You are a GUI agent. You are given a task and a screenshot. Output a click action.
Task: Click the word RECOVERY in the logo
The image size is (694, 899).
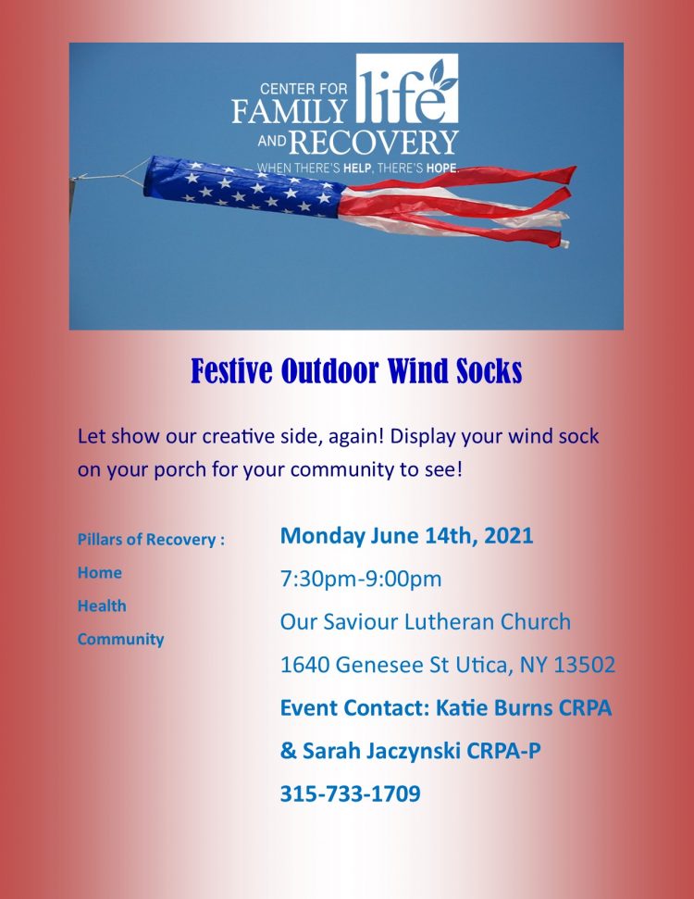[374, 143]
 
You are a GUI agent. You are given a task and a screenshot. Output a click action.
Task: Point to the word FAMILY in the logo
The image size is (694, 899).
[290, 111]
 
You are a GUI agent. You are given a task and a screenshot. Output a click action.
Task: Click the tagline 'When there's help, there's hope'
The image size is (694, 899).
[357, 169]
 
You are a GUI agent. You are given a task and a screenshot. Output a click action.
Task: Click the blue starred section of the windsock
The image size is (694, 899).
[244, 186]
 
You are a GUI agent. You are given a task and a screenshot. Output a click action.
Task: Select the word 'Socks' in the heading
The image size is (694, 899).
[489, 371]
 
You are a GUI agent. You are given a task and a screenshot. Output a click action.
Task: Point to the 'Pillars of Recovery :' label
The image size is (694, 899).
[152, 540]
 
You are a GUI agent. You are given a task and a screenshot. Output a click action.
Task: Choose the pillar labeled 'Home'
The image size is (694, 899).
[100, 572]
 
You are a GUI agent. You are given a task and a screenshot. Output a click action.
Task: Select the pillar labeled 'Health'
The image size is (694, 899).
[102, 606]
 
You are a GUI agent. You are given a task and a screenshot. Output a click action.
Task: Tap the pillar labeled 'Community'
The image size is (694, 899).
[121, 639]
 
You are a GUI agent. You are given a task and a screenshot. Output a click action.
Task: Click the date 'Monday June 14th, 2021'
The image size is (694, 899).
[407, 536]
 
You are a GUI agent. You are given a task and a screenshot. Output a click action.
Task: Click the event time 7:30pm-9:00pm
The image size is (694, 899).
[361, 579]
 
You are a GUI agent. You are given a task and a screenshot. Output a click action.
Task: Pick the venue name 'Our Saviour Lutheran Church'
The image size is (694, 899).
[426, 621]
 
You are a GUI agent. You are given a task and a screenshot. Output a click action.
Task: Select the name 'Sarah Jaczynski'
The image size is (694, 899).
[381, 751]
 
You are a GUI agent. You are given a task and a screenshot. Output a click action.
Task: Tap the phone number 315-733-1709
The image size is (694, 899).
[350, 794]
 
